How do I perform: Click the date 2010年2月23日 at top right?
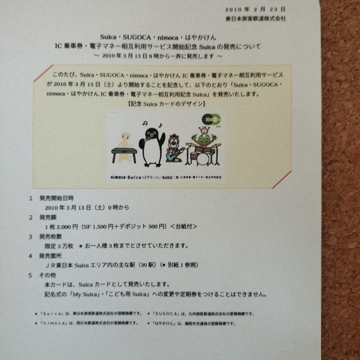click(x=255, y=10)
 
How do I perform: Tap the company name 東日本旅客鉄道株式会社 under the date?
click(x=255, y=19)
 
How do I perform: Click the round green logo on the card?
click(x=210, y=119)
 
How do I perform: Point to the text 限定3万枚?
click(x=59, y=246)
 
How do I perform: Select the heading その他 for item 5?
click(x=48, y=275)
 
